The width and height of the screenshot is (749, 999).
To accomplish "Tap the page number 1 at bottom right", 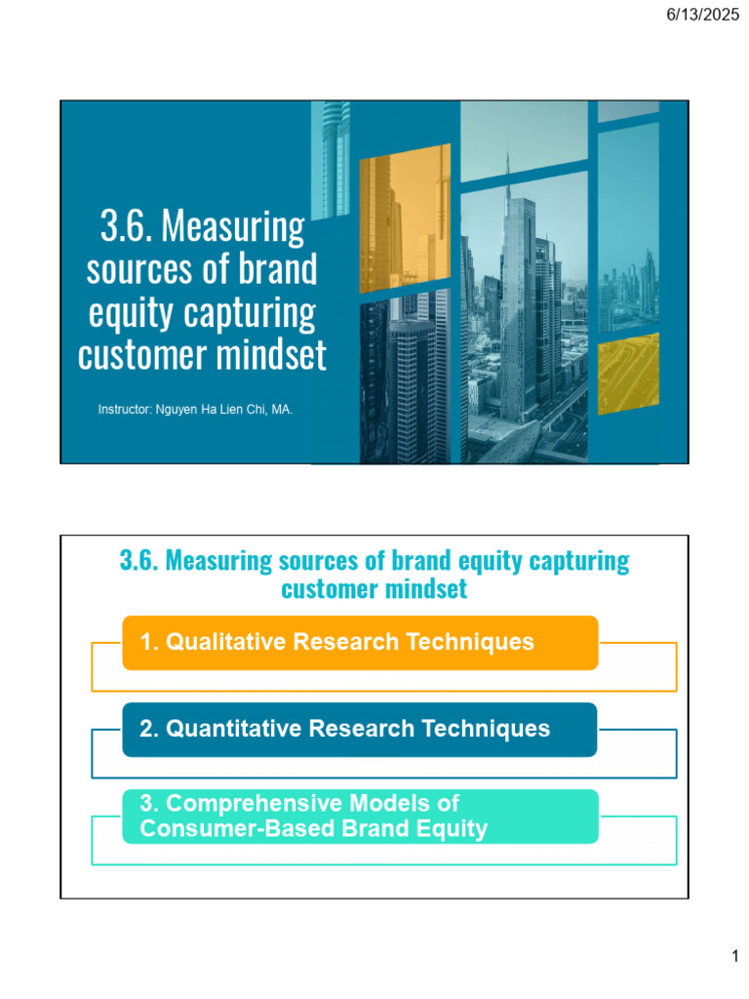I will (735, 959).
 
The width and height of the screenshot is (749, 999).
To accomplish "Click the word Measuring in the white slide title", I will (232, 227).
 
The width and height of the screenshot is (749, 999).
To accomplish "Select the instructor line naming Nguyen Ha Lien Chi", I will (195, 410).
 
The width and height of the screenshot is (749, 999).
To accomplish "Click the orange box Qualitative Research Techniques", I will (360, 642).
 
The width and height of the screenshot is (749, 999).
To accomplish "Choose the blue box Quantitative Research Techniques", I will (360, 729).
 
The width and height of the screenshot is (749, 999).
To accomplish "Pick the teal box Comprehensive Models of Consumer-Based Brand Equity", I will (360, 817).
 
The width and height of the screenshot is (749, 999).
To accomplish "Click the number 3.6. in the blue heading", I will (139, 561).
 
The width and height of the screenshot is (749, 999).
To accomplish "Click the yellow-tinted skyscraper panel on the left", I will (405, 220).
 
